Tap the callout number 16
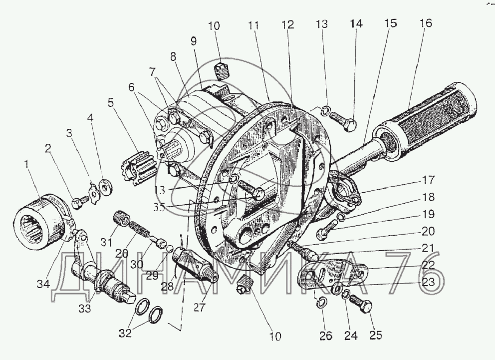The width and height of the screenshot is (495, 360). (426, 23)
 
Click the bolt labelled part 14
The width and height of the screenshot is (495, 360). (344, 121)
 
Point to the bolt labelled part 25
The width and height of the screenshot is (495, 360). (362, 303)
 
